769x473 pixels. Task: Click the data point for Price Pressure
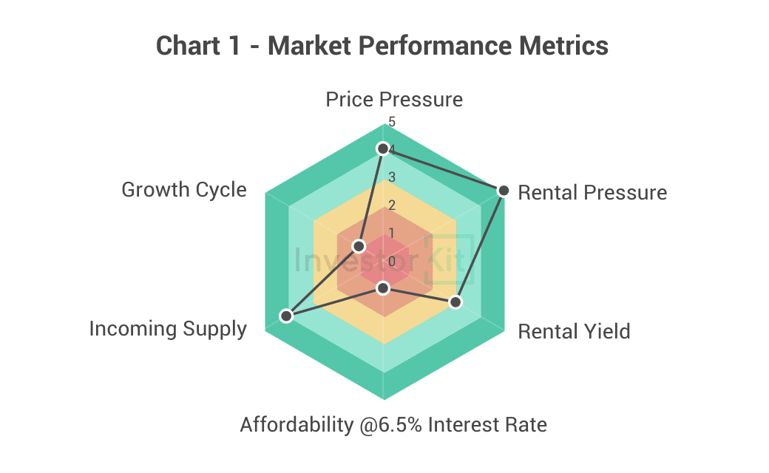point(382,149)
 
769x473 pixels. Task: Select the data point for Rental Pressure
point(504,191)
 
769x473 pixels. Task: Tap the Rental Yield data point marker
point(455,302)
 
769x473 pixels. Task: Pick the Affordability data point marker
point(382,287)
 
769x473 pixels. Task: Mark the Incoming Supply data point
point(286,316)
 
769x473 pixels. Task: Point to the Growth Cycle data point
point(359,245)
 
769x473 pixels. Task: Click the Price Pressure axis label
point(394,100)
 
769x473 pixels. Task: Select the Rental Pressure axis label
point(592,193)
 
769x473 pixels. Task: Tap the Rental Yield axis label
point(574,331)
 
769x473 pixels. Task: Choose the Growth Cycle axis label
point(183,190)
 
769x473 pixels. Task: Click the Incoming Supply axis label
point(168,329)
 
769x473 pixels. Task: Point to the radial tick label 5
point(392,121)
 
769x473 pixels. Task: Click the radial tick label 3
point(392,177)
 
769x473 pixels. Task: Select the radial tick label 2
point(392,205)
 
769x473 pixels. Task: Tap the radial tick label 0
point(392,261)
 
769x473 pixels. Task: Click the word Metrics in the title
point(564,46)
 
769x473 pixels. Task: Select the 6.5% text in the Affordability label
point(399,426)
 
